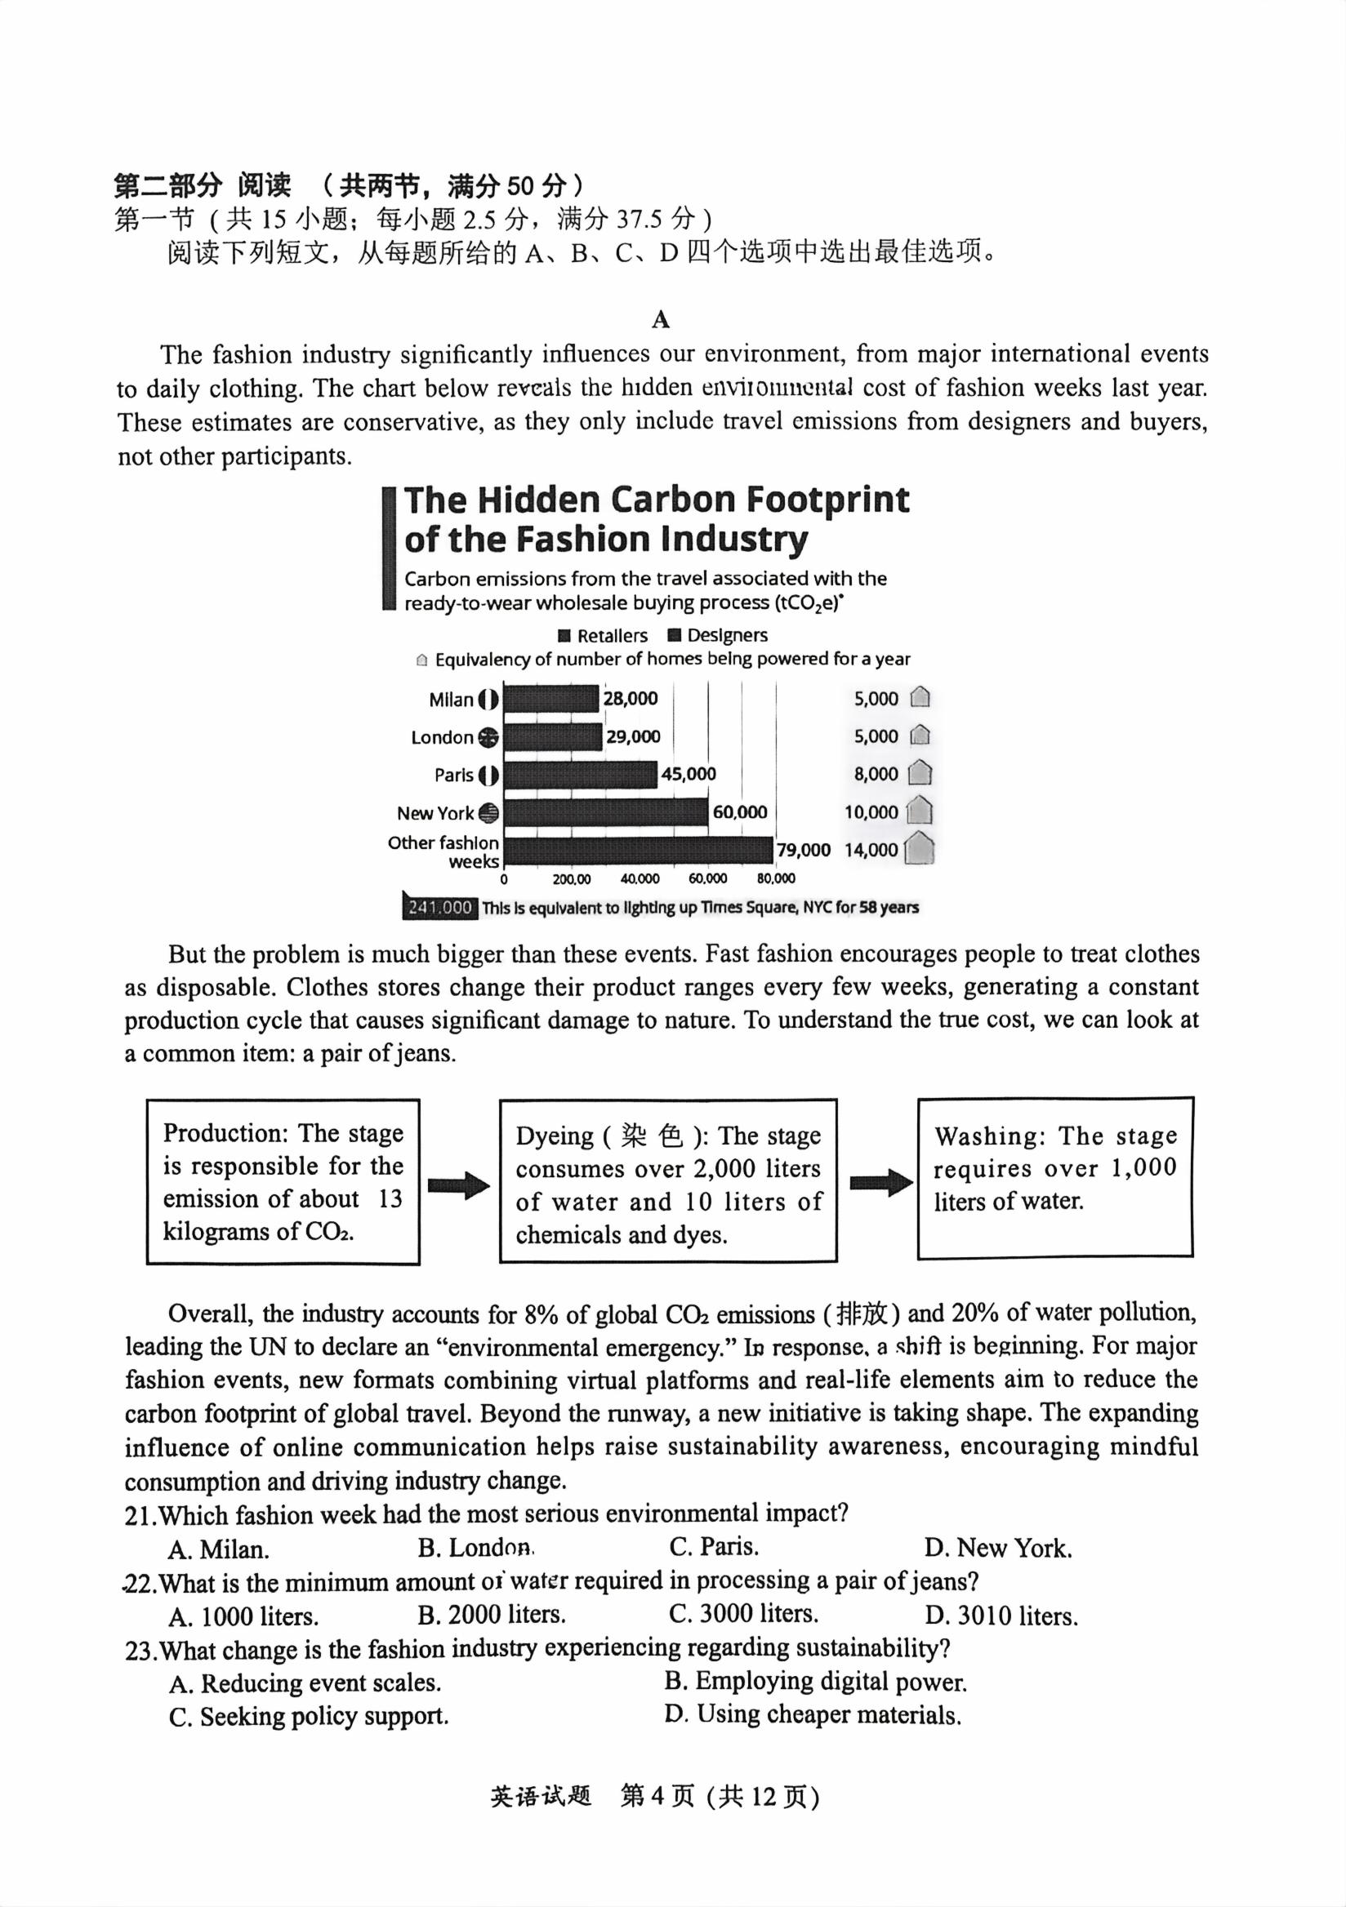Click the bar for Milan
click(x=550, y=699)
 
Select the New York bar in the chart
click(x=606, y=811)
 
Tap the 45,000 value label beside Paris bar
click(x=688, y=774)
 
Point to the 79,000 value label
click(x=803, y=850)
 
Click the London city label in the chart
click(x=442, y=737)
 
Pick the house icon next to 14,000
click(x=919, y=849)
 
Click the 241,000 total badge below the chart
click(x=439, y=908)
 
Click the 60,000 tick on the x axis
click(x=707, y=878)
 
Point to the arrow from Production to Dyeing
click(x=459, y=1185)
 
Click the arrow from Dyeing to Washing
click(x=880, y=1182)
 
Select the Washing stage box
click(x=1054, y=1178)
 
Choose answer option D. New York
click(x=998, y=1548)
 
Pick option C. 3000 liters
click(x=743, y=1614)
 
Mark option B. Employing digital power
click(x=815, y=1681)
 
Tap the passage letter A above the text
click(x=661, y=319)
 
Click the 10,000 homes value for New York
click(x=871, y=812)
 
